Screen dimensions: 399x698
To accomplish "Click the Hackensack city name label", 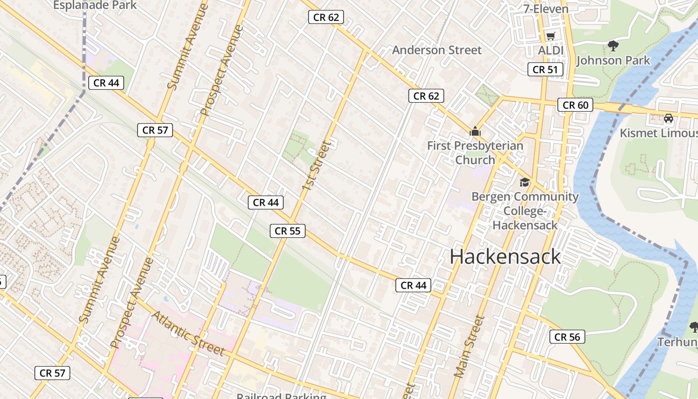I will click(505, 257).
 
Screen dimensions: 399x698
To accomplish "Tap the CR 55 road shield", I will click(288, 231).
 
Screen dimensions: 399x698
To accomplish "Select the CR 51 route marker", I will click(545, 70).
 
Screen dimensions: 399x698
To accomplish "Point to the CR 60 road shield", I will click(575, 105).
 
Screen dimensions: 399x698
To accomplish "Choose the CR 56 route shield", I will click(567, 337).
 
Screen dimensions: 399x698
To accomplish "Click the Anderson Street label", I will click(437, 50).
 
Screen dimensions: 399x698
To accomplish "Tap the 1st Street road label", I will click(316, 166).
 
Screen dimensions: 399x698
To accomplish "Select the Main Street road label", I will click(469, 346).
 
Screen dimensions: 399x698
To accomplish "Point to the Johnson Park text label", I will click(613, 60).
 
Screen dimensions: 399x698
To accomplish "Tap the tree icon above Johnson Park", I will click(613, 46).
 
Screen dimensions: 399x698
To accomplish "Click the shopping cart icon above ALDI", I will click(550, 36).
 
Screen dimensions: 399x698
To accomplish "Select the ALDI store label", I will click(550, 50).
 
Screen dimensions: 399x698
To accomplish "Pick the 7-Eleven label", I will click(545, 9).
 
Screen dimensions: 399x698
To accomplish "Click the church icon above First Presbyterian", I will click(475, 132).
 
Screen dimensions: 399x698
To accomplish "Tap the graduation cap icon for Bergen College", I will click(524, 182).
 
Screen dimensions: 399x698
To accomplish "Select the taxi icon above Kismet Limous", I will click(669, 119).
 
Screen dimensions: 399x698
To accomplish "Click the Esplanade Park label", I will click(95, 5).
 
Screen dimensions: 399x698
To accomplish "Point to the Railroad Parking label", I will click(281, 396).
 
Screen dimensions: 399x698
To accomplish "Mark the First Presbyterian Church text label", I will click(475, 153).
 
